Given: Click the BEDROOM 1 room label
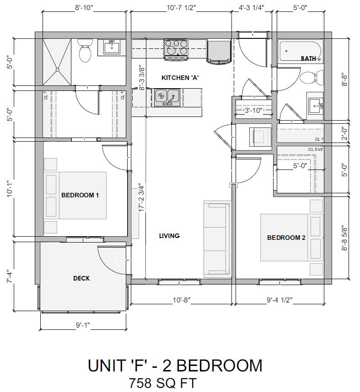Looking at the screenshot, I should point(80,195).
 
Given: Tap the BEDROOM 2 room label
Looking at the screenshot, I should point(286,238).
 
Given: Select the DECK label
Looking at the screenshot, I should point(81,278).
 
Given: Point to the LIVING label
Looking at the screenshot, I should point(169,236).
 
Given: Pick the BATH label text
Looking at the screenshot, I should point(308,58).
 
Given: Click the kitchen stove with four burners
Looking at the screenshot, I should point(177,48).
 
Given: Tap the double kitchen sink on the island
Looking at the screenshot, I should point(167,96).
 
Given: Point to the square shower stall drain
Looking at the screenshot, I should point(58,69).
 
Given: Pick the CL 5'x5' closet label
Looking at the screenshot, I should point(316,149).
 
